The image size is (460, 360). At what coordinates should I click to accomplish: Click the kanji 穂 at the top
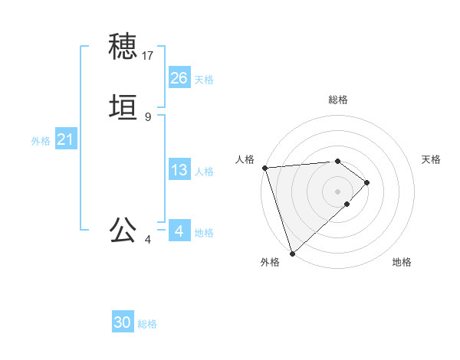123,47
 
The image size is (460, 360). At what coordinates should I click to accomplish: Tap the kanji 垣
123,108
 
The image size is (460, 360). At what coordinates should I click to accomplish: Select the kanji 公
123,230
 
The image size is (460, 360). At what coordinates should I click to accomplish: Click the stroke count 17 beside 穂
148,56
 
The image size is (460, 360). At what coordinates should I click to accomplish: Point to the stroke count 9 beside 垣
148,117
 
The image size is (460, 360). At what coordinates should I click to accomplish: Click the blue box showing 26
179,77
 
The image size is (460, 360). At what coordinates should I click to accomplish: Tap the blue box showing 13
179,170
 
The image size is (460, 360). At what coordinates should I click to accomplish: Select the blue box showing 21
65,139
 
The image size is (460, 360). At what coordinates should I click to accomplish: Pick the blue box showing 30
123,322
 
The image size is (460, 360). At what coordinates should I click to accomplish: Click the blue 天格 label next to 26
204,79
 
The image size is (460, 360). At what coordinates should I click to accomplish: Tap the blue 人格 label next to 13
204,172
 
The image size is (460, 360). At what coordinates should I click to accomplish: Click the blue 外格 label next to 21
41,141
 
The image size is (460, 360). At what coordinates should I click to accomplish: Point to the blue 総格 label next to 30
147,324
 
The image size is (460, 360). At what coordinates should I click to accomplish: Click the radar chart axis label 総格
338,100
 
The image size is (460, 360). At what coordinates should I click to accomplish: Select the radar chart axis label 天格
431,159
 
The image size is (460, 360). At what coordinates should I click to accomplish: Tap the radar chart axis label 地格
402,262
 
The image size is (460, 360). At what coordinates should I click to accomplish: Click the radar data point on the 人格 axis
264,168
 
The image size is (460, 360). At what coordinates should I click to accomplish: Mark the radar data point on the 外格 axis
292,253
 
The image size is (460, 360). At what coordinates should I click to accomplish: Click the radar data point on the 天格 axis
368,182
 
